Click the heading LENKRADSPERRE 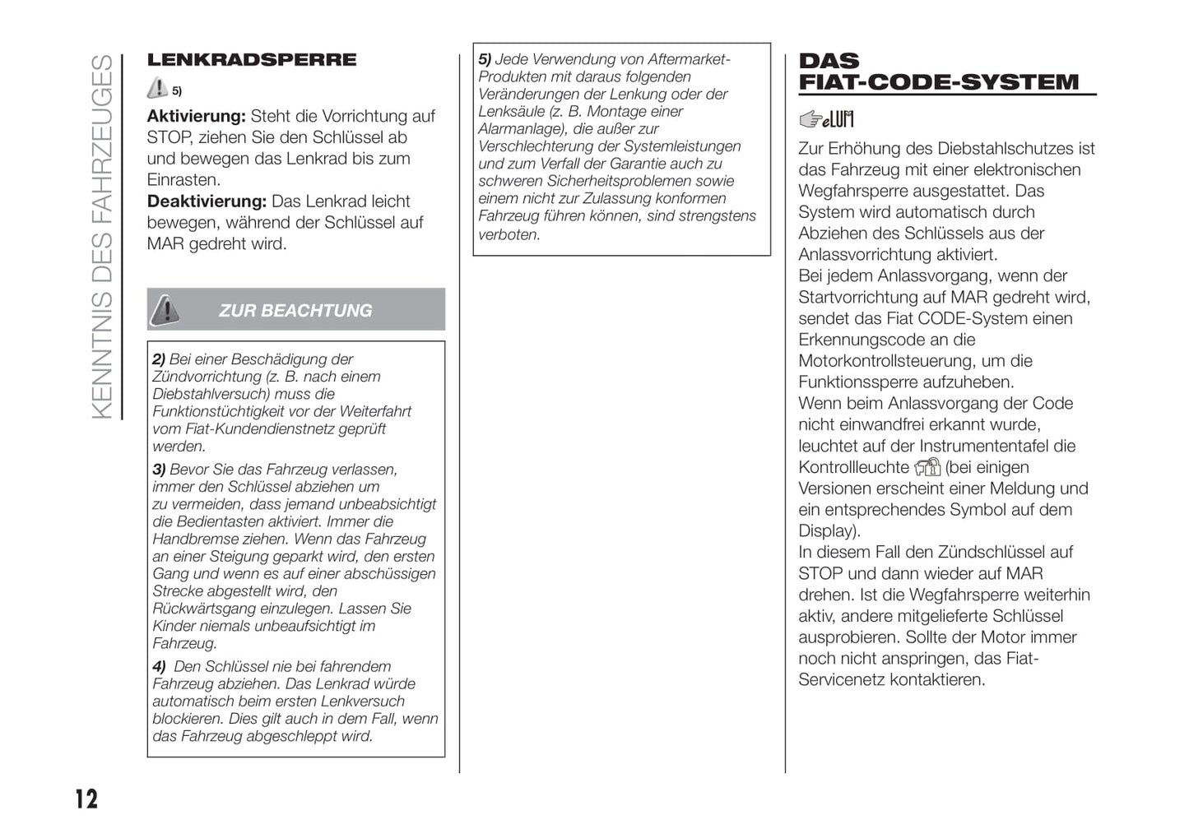pyautogui.click(x=251, y=60)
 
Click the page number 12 pyautogui.click(x=86, y=799)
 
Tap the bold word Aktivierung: pyautogui.click(x=196, y=116)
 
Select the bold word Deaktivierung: pyautogui.click(x=207, y=201)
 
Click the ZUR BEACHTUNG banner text pyautogui.click(x=295, y=310)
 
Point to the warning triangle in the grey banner pyautogui.click(x=165, y=309)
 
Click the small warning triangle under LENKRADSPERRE pyautogui.click(x=156, y=88)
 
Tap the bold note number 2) pyautogui.click(x=159, y=359)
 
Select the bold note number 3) pyautogui.click(x=159, y=470)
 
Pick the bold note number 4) pyautogui.click(x=159, y=667)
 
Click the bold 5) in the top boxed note pyautogui.click(x=485, y=59)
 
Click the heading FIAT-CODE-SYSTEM pyautogui.click(x=938, y=82)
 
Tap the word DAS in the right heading pyautogui.click(x=829, y=61)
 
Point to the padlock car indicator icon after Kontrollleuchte pyautogui.click(x=927, y=468)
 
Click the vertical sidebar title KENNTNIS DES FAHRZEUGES pyautogui.click(x=102, y=237)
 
